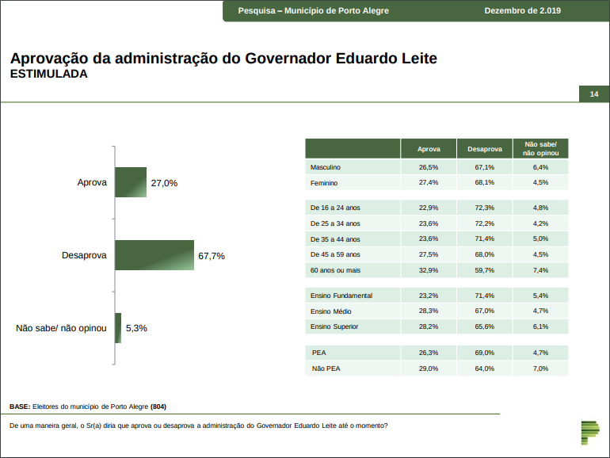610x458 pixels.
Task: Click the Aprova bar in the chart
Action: (131, 182)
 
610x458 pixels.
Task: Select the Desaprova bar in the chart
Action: (154, 255)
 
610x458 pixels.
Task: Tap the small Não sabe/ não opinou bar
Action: (118, 327)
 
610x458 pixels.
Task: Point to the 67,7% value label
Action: (212, 256)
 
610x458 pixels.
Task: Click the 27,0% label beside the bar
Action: (164, 183)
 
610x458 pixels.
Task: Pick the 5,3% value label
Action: (136, 328)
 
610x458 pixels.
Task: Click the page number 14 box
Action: (593, 94)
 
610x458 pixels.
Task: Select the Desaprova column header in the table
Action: (485, 149)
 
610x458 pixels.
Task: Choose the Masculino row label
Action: (326, 167)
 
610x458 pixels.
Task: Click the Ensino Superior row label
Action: (334, 326)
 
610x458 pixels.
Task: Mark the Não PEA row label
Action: (326, 368)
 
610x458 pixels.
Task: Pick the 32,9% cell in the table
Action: (429, 270)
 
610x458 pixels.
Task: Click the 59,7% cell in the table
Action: (485, 270)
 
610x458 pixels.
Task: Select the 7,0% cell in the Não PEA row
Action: (541, 368)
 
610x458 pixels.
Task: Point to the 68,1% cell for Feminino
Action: (485, 182)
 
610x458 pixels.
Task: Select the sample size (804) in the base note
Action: (158, 406)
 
